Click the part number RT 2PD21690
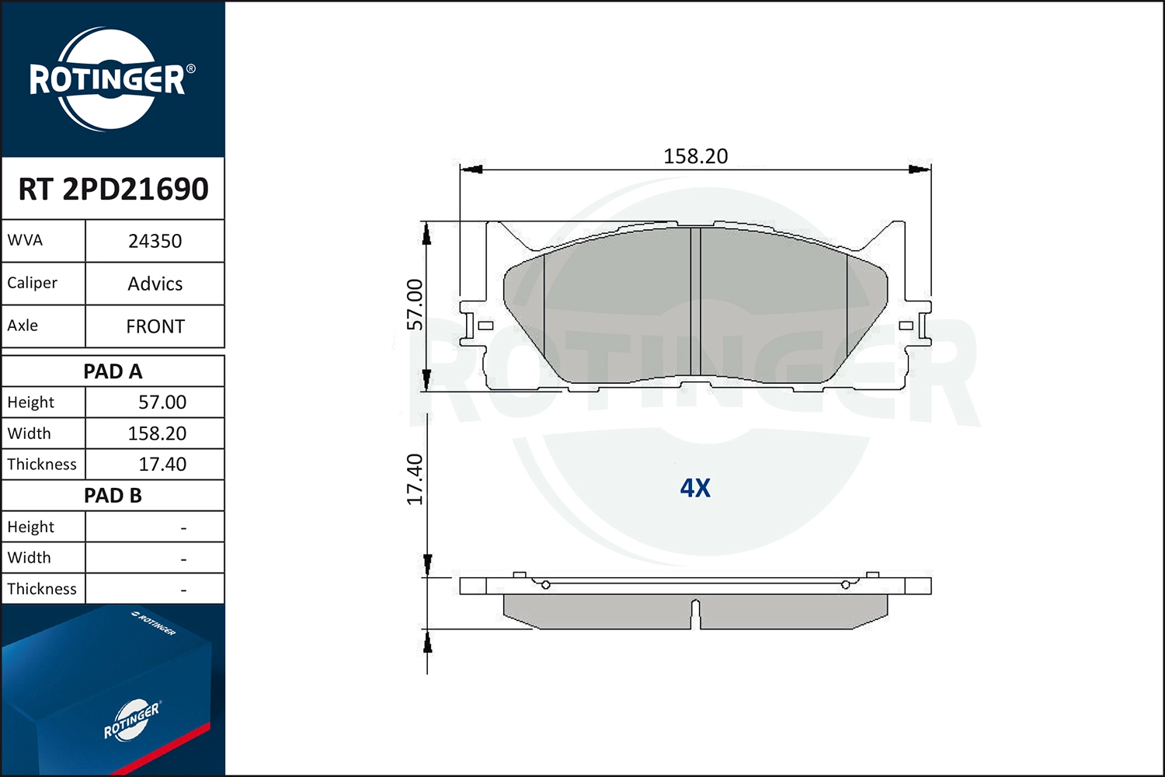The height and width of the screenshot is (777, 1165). click(x=113, y=189)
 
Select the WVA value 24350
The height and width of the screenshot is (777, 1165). click(x=155, y=241)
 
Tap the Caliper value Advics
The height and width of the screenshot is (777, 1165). click(x=155, y=284)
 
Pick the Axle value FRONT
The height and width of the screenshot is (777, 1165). click(x=155, y=326)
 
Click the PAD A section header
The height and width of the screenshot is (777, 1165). click(x=113, y=371)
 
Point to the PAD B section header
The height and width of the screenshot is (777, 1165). click(x=113, y=496)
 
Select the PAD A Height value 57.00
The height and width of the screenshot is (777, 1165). click(x=162, y=402)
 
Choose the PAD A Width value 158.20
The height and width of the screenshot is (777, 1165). click(x=157, y=434)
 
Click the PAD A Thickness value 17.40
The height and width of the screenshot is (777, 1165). click(x=162, y=465)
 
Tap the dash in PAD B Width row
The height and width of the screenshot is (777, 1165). click(x=183, y=559)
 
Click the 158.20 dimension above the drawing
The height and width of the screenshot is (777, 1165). click(x=695, y=156)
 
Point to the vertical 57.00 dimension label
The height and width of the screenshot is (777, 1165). click(x=416, y=304)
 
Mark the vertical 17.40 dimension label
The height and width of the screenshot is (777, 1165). click(x=416, y=479)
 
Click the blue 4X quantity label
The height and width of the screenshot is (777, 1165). click(x=695, y=488)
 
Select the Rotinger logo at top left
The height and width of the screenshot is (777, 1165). click(x=109, y=79)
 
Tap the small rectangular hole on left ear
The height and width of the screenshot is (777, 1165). click(x=486, y=326)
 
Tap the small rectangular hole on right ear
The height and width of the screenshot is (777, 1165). click(x=906, y=326)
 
